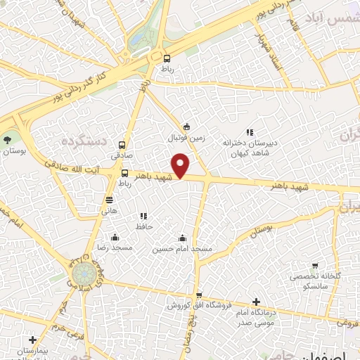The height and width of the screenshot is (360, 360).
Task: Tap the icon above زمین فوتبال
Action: point(186,127)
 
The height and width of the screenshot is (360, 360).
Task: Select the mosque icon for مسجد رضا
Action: point(115,237)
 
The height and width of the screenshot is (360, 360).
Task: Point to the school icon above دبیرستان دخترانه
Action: point(249,131)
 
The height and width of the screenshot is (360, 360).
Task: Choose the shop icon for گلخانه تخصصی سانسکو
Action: point(314,266)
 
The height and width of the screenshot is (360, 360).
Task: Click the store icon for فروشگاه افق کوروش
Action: point(199,295)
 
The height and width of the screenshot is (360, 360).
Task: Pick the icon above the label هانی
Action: point(109,199)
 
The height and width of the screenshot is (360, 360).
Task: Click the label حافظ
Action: point(145,226)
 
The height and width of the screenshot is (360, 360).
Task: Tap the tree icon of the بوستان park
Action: point(8,140)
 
